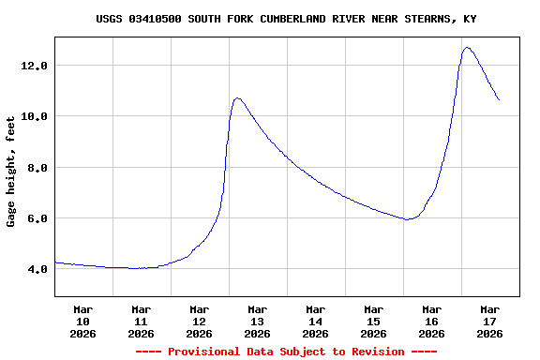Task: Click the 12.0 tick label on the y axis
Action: coord(36,66)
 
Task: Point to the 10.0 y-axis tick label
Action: coord(36,116)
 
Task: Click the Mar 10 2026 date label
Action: coord(82,321)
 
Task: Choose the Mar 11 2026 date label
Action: coord(141,321)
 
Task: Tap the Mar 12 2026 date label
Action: coord(199,321)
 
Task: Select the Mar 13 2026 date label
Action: coord(257,321)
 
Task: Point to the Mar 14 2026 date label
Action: coord(315,321)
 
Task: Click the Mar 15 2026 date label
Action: coord(373,321)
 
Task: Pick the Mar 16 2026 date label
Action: coord(431,321)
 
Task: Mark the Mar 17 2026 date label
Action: coord(489,321)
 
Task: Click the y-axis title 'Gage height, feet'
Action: coord(11,172)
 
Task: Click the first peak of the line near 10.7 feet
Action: coord(237,97)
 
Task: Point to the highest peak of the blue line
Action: coord(467,47)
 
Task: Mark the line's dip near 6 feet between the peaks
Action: coord(407,219)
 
